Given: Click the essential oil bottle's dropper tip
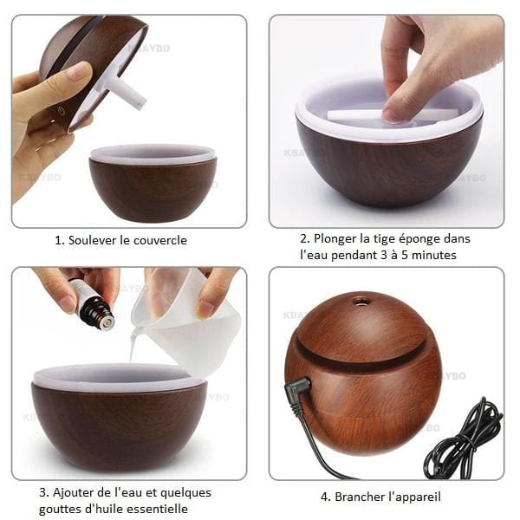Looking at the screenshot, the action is point(107,322).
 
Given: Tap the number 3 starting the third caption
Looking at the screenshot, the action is point(42,493).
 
